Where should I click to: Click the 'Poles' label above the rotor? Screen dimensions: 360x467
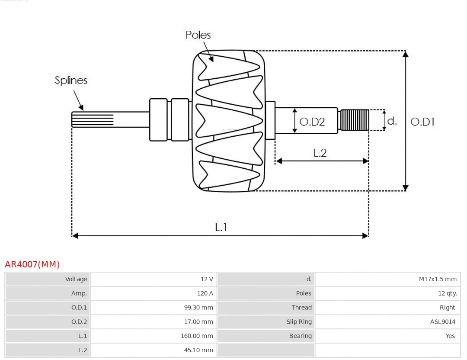pyautogui.click(x=198, y=35)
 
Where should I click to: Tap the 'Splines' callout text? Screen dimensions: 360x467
pyautogui.click(x=71, y=80)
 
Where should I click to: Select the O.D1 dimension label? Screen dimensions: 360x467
pyautogui.click(x=422, y=122)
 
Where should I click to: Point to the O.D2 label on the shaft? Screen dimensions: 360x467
pyautogui.click(x=312, y=122)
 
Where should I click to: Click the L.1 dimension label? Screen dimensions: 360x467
pyautogui.click(x=221, y=227)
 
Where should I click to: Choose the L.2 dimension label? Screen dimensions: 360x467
pyautogui.click(x=320, y=153)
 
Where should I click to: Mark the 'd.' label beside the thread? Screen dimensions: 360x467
pyautogui.click(x=392, y=121)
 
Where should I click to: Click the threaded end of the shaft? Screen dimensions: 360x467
pyautogui.click(x=355, y=120)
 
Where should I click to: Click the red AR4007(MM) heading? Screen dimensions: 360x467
pyautogui.click(x=32, y=264)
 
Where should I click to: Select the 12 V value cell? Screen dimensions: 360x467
pyautogui.click(x=207, y=279)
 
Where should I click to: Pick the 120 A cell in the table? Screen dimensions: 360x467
pyautogui.click(x=205, y=293)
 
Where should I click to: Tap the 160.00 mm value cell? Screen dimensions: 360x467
pyautogui.click(x=197, y=336)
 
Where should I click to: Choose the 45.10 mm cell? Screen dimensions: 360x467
pyautogui.click(x=198, y=350)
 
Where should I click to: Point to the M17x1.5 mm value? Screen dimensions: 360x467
pyautogui.click(x=437, y=279)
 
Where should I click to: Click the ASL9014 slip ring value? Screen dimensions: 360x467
pyautogui.click(x=442, y=321)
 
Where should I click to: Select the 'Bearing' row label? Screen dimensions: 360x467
pyautogui.click(x=300, y=336)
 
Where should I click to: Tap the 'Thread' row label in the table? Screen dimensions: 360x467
pyautogui.click(x=301, y=308)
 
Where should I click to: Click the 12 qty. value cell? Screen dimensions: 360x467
pyautogui.click(x=447, y=293)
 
